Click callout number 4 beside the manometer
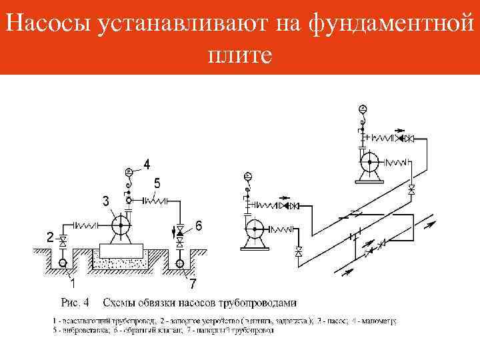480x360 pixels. click(147, 163)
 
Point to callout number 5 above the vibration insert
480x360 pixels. click(157, 182)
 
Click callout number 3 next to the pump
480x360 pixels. click(105, 200)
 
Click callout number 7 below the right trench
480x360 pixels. click(192, 284)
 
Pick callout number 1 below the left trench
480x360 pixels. click(71, 283)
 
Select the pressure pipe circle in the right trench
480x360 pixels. click(180, 264)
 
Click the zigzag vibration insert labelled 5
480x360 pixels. click(156, 199)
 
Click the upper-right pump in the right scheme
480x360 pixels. click(368, 163)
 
